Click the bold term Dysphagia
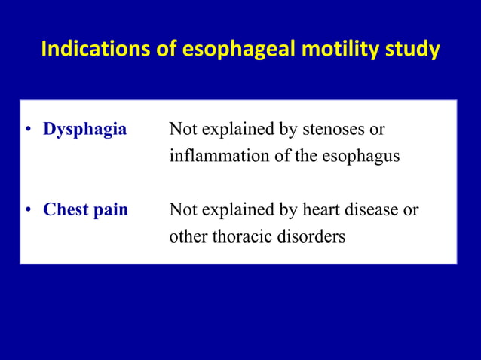pyautogui.click(x=84, y=130)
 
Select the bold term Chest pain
pyautogui.click(x=85, y=209)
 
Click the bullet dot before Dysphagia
pyautogui.click(x=27, y=130)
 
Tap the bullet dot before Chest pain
pyautogui.click(x=27, y=209)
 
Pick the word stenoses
pyautogui.click(x=332, y=130)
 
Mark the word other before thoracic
pyautogui.click(x=188, y=236)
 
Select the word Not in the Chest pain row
pyautogui.click(x=182, y=209)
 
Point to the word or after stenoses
pyautogui.click(x=377, y=130)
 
